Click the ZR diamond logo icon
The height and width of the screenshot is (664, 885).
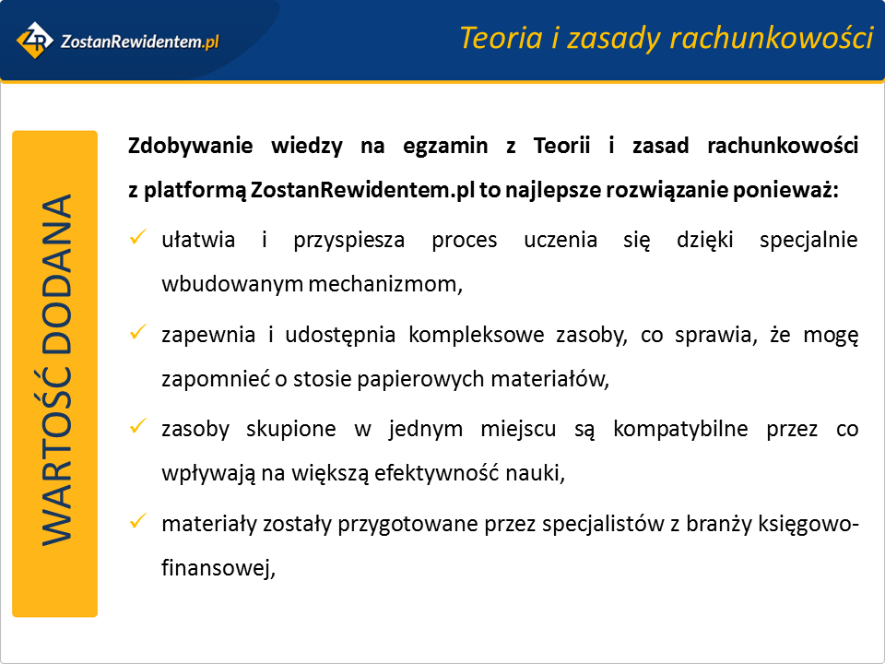(x=34, y=40)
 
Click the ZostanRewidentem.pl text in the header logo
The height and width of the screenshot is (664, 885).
(x=139, y=41)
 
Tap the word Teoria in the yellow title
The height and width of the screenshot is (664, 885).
(x=501, y=38)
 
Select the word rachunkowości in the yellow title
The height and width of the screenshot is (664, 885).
(x=772, y=38)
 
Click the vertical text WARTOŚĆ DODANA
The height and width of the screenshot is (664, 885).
(x=56, y=371)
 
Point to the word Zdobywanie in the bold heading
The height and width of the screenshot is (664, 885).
(x=190, y=147)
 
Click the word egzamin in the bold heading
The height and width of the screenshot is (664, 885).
(x=445, y=147)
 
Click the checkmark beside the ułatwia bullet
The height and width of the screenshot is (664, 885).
(x=137, y=237)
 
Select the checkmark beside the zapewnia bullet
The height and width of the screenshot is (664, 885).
(x=137, y=331)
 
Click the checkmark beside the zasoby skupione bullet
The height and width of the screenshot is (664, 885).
(x=137, y=426)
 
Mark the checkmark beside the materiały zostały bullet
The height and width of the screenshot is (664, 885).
(x=137, y=520)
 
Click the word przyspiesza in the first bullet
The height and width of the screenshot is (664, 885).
(x=348, y=241)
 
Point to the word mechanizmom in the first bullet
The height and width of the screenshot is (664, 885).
(x=385, y=284)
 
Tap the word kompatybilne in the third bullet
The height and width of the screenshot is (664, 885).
(x=680, y=430)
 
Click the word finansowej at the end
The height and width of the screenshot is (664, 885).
(x=218, y=567)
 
